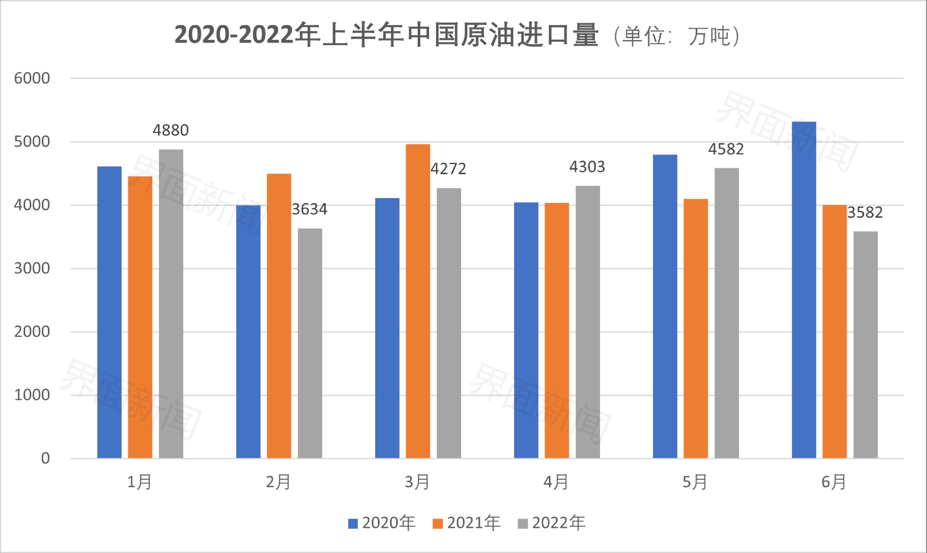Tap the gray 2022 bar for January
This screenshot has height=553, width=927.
(171, 304)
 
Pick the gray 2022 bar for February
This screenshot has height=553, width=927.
(310, 343)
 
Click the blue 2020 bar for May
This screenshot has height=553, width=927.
(665, 306)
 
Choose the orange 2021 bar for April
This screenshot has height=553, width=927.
(557, 330)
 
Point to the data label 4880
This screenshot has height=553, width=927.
(171, 130)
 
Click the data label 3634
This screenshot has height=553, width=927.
(310, 210)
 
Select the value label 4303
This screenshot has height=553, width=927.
(587, 167)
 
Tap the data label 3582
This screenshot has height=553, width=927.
(865, 213)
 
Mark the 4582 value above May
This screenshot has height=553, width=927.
(726, 149)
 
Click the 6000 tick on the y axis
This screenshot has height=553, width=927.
(32, 79)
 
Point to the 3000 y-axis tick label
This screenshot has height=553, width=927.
(32, 268)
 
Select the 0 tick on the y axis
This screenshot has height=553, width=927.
(45, 458)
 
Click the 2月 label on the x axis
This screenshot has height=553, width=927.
(278, 482)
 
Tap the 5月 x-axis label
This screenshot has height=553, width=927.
(695, 482)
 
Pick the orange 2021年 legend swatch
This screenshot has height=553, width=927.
(438, 523)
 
